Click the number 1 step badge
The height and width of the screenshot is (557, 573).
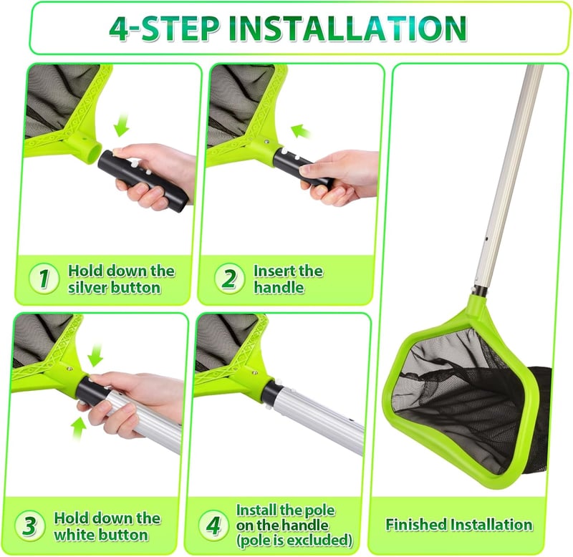[44, 278]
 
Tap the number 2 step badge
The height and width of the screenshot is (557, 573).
[229, 278]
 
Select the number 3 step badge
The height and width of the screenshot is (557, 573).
[30, 525]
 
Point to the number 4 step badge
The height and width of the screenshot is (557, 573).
[213, 525]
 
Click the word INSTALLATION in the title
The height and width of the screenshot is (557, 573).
[347, 29]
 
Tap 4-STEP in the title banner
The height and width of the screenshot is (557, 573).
[165, 29]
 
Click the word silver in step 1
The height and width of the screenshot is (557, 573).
[87, 288]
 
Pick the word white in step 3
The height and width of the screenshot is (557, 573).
[74, 535]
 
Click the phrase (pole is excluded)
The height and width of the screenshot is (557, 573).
[294, 541]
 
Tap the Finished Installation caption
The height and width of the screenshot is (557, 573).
[459, 525]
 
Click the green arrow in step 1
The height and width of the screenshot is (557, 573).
[122, 125]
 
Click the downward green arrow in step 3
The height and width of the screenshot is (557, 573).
[95, 354]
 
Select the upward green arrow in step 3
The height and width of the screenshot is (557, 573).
[79, 429]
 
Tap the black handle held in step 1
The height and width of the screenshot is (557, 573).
[143, 177]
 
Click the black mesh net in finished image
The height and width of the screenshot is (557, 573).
[471, 398]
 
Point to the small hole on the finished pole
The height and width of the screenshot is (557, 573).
[487, 239]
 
